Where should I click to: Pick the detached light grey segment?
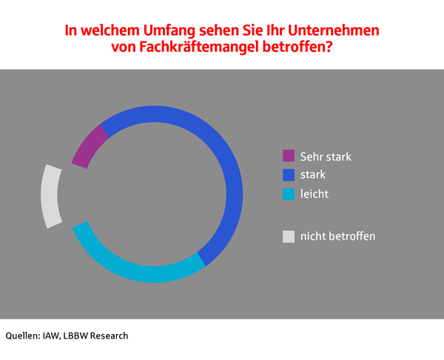(x=51, y=196)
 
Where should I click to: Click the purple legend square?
(x=289, y=157)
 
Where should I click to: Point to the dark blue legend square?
(x=289, y=176)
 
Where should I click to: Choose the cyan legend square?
(x=289, y=195)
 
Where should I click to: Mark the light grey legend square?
(x=289, y=237)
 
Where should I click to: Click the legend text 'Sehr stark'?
(x=326, y=157)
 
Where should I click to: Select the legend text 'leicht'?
(x=314, y=194)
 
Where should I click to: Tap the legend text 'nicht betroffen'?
(x=337, y=237)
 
